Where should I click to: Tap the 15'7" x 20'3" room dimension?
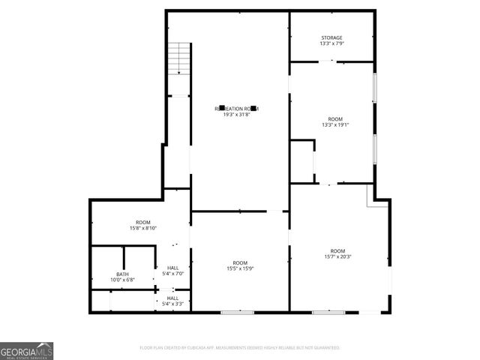point(337,256)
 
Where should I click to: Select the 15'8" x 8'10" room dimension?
point(142,228)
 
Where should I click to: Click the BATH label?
point(121,274)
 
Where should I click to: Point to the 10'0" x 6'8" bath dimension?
point(121,280)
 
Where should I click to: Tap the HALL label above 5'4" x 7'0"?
point(172,268)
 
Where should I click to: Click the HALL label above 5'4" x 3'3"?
point(172,298)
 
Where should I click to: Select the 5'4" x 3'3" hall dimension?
point(172,304)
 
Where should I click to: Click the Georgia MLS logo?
point(26,350)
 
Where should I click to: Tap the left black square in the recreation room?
point(222,108)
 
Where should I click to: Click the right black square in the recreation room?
point(253,108)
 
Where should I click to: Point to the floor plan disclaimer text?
point(239,348)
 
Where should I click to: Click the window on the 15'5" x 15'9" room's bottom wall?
point(236,311)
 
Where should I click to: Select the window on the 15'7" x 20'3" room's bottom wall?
point(328,311)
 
